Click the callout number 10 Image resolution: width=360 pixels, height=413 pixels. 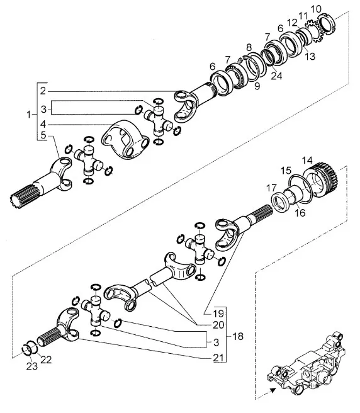tap(316, 9)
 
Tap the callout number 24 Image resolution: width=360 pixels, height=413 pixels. tap(276, 76)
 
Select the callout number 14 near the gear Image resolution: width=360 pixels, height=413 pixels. tap(307, 160)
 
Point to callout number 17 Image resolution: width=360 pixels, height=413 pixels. tap(271, 188)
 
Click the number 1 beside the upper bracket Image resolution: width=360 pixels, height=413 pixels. tap(29, 115)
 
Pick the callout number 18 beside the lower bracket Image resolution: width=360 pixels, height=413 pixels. tap(238, 336)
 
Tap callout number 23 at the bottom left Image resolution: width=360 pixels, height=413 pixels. tap(32, 366)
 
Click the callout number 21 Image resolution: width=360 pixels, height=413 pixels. tap(218, 358)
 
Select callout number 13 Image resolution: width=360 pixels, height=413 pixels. tap(310, 56)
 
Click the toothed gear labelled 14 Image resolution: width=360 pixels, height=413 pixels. tap(322, 178)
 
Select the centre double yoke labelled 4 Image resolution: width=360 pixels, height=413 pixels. tap(126, 139)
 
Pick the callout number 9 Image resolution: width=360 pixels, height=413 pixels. tap(257, 86)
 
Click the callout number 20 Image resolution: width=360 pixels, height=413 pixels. tap(218, 325)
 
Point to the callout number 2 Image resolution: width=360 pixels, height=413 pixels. tap(43, 91)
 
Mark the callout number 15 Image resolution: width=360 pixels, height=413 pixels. tap(286, 170)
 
